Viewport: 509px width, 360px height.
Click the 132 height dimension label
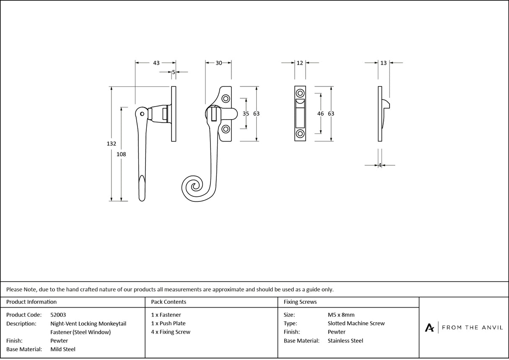[x=111, y=143]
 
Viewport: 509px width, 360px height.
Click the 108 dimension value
[x=121, y=154]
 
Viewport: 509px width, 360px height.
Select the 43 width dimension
[x=156, y=63]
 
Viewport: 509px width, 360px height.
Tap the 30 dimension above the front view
[x=219, y=63]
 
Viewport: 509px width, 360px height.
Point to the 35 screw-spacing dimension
[x=246, y=114]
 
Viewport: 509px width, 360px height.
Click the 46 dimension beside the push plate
[x=321, y=114]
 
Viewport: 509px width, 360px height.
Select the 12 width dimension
[x=300, y=63]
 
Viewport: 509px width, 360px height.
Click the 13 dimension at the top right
[x=384, y=63]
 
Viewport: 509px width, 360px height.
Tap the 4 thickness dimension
[x=380, y=165]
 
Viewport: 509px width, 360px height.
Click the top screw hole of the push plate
[x=300, y=93]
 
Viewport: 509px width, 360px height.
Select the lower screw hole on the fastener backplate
[x=226, y=129]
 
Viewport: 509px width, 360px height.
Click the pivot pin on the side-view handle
[x=143, y=114]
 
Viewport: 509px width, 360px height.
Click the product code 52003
[x=58, y=315]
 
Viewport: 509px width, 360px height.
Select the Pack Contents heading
[x=169, y=302]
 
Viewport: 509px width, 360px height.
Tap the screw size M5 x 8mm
[x=341, y=315]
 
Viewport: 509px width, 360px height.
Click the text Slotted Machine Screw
[x=356, y=323]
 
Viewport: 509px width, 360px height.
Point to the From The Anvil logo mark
[x=429, y=328]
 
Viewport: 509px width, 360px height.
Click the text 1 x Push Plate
[x=169, y=323]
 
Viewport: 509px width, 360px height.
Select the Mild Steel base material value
[x=63, y=349]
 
